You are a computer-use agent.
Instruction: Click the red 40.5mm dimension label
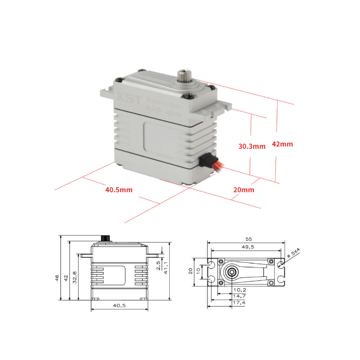tap(119, 189)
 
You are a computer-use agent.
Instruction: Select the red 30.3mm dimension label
tap(252, 146)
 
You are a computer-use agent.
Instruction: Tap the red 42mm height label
tap(282, 144)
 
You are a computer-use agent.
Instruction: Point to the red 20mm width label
tap(244, 190)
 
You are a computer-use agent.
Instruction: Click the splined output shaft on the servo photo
tap(185, 75)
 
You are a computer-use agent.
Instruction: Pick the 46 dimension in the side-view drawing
tap(57, 278)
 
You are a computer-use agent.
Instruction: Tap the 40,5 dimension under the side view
tap(119, 306)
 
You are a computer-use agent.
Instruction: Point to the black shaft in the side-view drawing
tap(106, 238)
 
